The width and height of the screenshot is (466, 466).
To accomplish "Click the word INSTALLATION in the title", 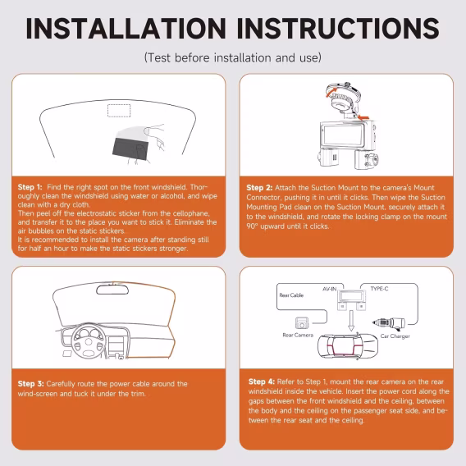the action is (x=126, y=28).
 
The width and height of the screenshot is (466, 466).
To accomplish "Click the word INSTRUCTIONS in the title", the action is (x=338, y=28).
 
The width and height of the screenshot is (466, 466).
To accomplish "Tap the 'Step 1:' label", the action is (x=30, y=187).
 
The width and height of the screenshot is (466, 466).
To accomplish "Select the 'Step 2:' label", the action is (x=259, y=188).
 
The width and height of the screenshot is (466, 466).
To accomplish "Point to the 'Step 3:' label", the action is (x=30, y=384).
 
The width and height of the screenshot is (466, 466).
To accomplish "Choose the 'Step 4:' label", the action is (x=262, y=381).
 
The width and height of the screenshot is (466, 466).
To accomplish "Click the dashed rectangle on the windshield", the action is (x=119, y=111).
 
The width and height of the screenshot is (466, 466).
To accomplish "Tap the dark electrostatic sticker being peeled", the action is (x=130, y=150).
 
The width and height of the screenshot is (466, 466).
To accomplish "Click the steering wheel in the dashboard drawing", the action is (x=89, y=341).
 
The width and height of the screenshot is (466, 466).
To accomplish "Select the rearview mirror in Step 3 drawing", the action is (x=112, y=290).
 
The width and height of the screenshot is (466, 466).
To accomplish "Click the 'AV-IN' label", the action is (x=329, y=289).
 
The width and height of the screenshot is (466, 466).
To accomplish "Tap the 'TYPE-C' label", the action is (x=379, y=289).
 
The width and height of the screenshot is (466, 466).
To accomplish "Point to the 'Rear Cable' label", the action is (x=291, y=295).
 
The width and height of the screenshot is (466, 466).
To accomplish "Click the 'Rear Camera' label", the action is (x=298, y=335).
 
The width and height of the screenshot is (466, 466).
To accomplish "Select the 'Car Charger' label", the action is (x=395, y=336).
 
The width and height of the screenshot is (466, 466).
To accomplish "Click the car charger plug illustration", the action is (x=389, y=323).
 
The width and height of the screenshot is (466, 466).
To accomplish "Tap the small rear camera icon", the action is (x=302, y=323).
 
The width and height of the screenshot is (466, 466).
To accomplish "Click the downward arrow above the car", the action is (x=351, y=320).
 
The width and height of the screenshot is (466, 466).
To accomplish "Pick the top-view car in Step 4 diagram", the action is (x=348, y=346).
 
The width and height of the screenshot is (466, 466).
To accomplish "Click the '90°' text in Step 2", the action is (x=252, y=226).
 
